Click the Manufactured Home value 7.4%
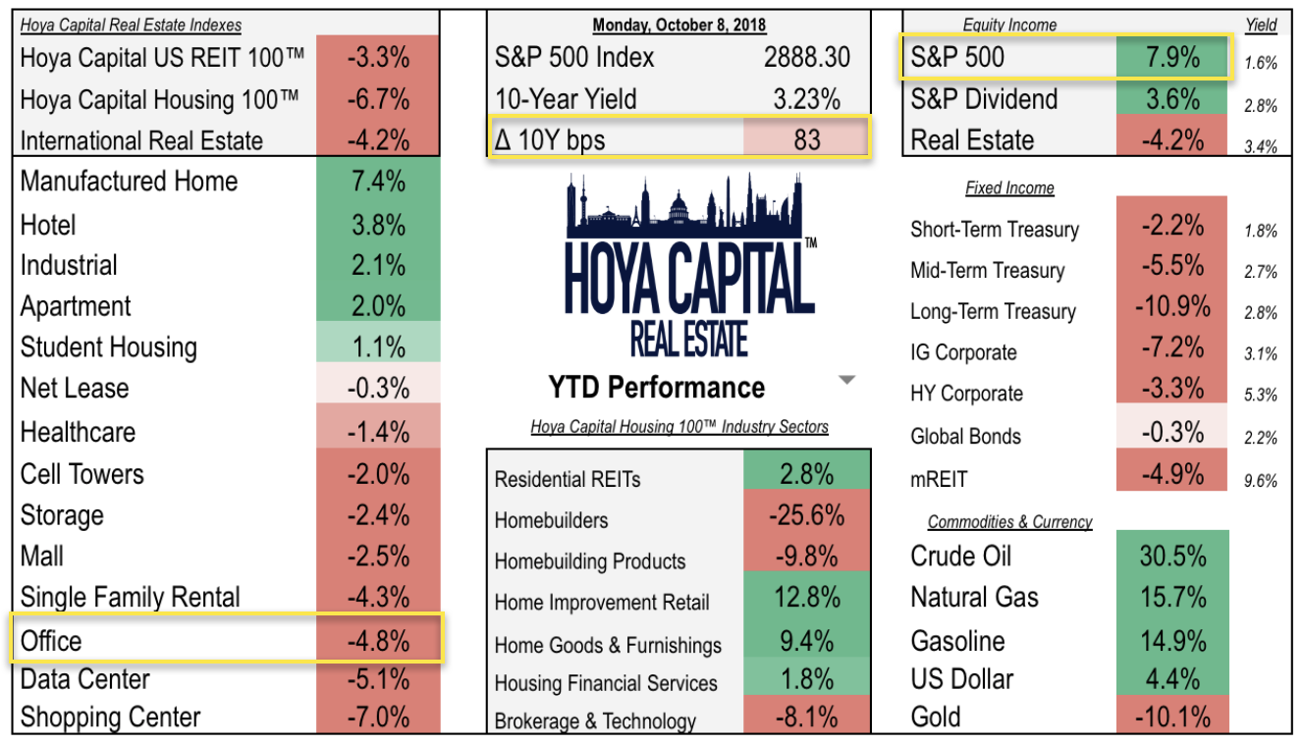378,182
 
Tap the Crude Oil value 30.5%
1171,556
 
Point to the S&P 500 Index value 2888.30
806,58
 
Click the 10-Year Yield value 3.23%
806,99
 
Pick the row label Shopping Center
110,717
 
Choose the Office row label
51,641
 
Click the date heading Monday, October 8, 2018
679,25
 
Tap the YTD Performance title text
656,388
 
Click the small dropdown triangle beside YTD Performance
847,381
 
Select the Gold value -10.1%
1171,717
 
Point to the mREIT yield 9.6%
1260,481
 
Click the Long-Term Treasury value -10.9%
1171,307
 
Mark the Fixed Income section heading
1009,188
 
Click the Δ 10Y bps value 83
806,139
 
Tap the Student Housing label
108,347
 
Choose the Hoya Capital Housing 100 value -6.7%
378,99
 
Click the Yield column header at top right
1261,25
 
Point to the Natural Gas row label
974,597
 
